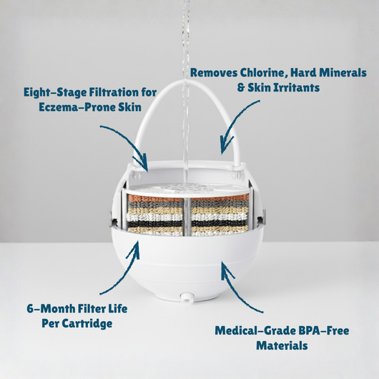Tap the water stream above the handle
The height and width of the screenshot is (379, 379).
187,43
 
